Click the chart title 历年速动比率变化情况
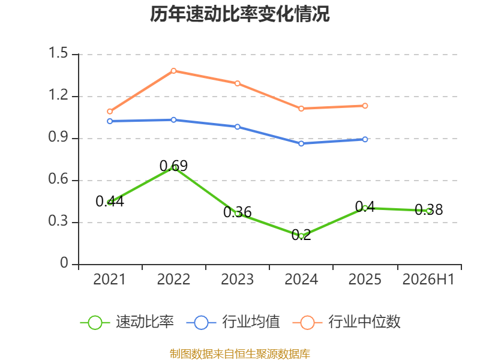pyautogui.click(x=239, y=14)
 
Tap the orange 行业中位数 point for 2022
pyautogui.click(x=173, y=71)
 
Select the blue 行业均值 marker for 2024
pyautogui.click(x=301, y=143)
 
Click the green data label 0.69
pyautogui.click(x=173, y=166)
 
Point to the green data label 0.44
pyautogui.click(x=110, y=202)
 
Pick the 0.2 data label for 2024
pyautogui.click(x=301, y=235)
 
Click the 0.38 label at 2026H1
pyautogui.click(x=428, y=210)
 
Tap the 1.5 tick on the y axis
pyautogui.click(x=58, y=53)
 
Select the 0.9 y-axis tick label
pyautogui.click(x=58, y=137)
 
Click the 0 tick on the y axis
pyautogui.click(x=64, y=263)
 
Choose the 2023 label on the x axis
pyautogui.click(x=237, y=280)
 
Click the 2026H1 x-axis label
pyautogui.click(x=428, y=280)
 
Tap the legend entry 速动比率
pyautogui.click(x=127, y=322)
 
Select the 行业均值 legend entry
pyautogui.click(x=233, y=322)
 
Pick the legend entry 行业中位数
pyautogui.click(x=347, y=322)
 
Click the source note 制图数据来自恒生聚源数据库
pyautogui.click(x=240, y=354)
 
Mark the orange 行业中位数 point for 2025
pyautogui.click(x=365, y=106)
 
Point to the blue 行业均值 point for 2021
pyautogui.click(x=110, y=121)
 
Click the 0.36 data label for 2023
pyautogui.click(x=237, y=212)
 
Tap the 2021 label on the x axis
pyautogui.click(x=110, y=280)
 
